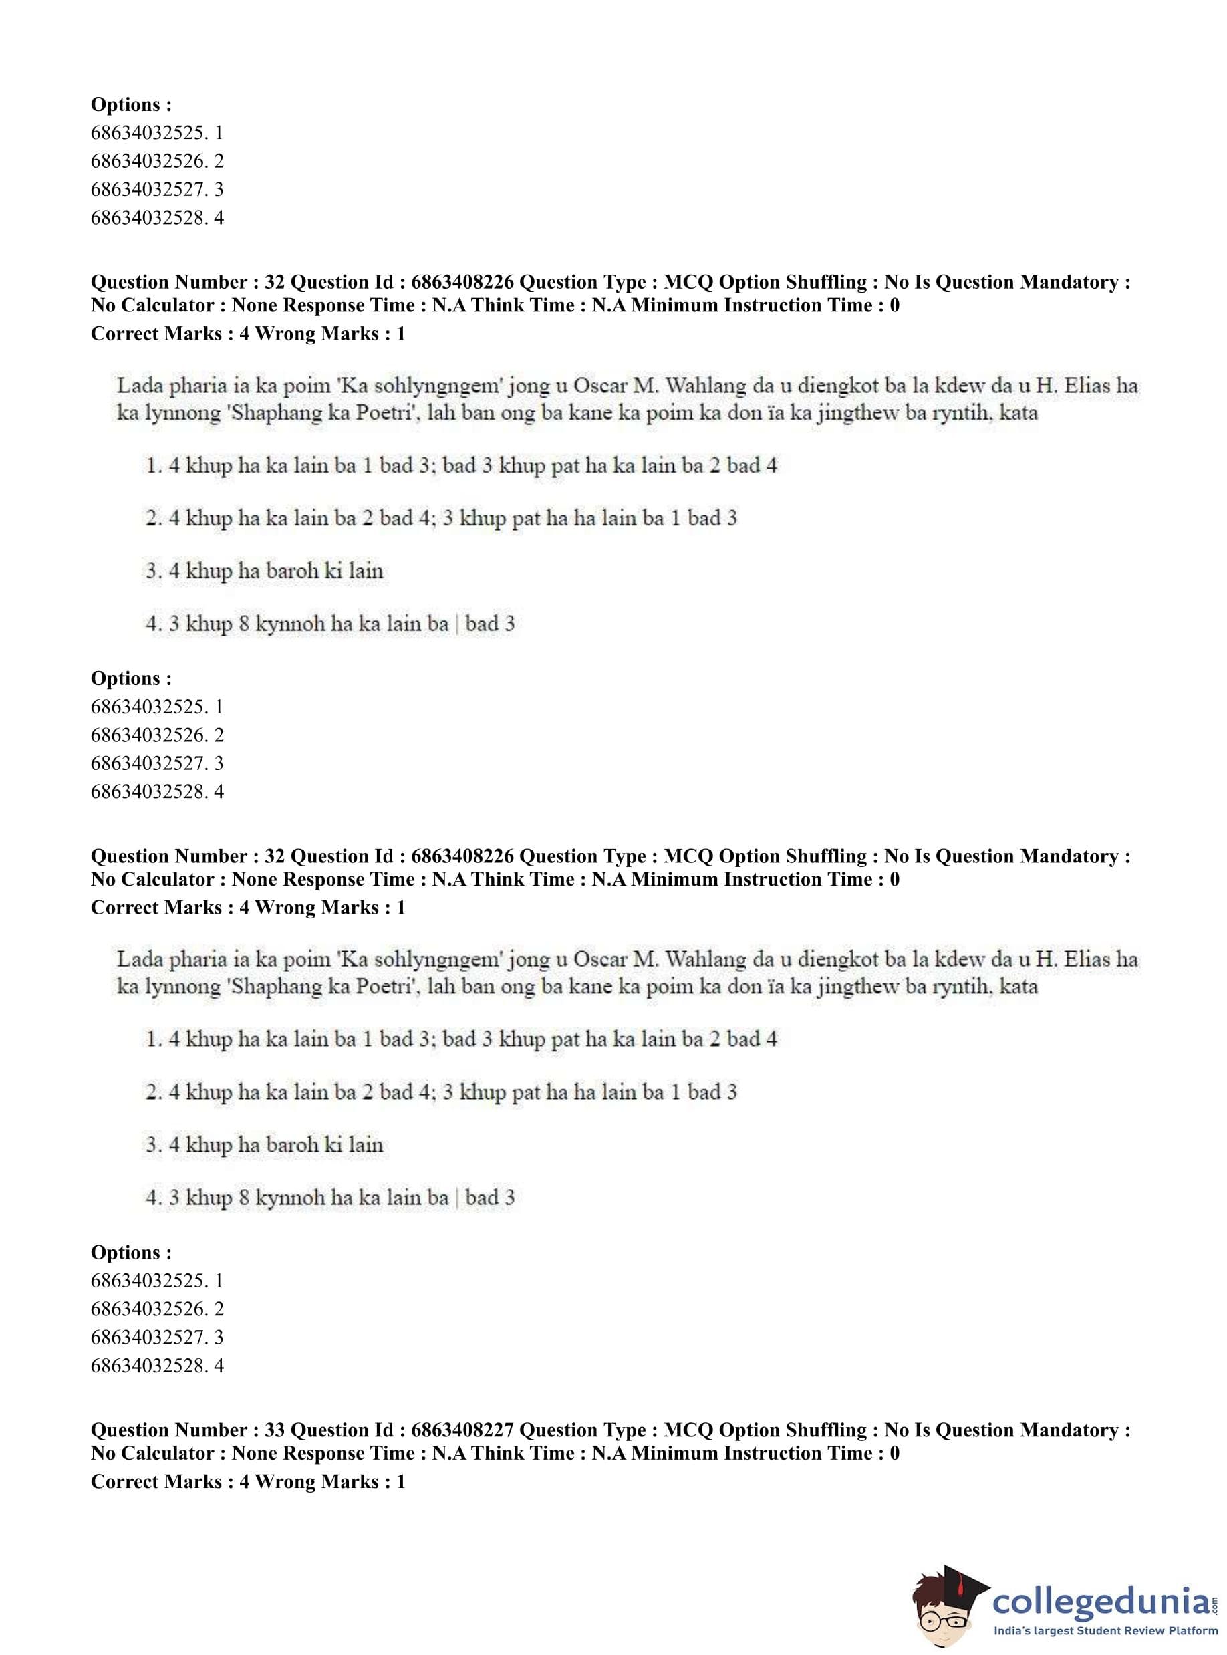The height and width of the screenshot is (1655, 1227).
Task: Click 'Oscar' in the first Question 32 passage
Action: click(x=600, y=386)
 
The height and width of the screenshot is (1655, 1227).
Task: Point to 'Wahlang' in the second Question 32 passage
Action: click(x=706, y=960)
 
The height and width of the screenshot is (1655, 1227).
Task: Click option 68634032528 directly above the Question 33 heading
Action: click(x=157, y=1366)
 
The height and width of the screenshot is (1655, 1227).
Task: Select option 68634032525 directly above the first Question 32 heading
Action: click(x=157, y=133)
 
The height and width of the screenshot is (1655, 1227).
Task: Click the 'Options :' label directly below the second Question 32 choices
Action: click(x=131, y=1253)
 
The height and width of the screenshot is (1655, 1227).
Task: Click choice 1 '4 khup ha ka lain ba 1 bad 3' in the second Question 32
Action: click(x=460, y=1039)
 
